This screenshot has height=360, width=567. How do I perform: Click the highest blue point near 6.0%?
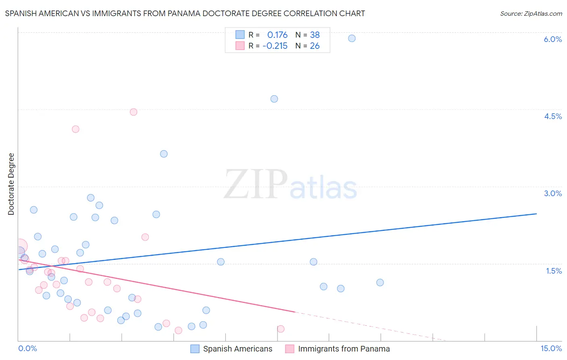tap(352, 38)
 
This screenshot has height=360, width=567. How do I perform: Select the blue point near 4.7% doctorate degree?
tap(274, 99)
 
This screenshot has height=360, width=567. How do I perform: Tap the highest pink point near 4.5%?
tap(133, 112)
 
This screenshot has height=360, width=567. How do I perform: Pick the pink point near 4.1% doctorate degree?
tap(75, 129)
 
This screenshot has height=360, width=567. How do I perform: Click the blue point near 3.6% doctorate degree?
tap(164, 154)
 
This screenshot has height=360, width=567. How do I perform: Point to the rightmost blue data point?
tap(380, 283)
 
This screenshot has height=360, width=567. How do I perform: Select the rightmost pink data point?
tap(281, 329)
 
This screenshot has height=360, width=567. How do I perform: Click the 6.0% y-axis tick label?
tap(552, 39)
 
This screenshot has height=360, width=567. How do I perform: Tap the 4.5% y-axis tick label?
tap(552, 116)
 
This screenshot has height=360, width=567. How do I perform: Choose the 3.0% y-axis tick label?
tap(552, 193)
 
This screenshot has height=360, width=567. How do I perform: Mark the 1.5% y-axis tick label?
tap(554, 271)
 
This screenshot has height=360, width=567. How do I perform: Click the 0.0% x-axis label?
tap(27, 348)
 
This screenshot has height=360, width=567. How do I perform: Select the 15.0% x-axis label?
tap(551, 348)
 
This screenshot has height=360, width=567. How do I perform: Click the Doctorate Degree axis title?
tap(11, 184)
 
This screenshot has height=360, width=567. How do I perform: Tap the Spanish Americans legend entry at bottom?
tap(238, 349)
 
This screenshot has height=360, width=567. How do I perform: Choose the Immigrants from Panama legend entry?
tap(344, 349)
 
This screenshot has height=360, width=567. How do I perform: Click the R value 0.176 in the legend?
tap(277, 35)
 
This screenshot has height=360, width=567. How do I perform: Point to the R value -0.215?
tap(275, 46)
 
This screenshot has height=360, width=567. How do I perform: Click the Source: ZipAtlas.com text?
tap(531, 14)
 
